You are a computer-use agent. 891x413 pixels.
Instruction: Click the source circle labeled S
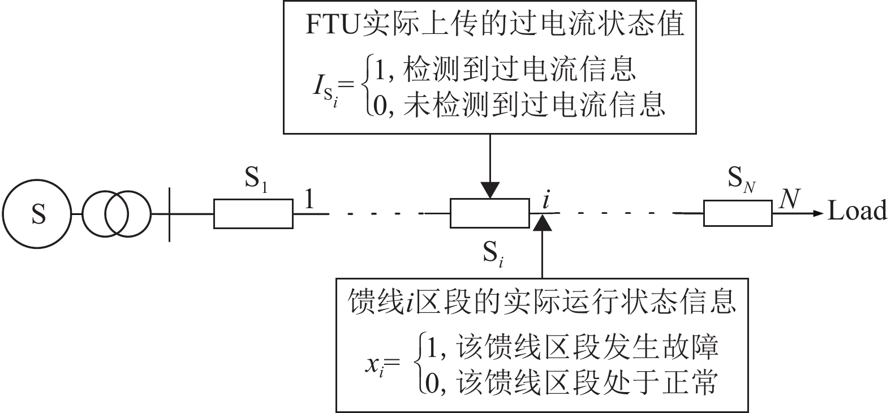(x=37, y=214)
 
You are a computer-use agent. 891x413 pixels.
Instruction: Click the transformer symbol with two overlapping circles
(x=117, y=214)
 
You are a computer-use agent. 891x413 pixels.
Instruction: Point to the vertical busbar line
(x=170, y=214)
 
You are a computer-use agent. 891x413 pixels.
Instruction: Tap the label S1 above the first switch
(x=256, y=180)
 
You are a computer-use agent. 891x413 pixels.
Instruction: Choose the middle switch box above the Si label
(x=489, y=214)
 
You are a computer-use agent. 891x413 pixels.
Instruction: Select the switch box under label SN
(x=738, y=214)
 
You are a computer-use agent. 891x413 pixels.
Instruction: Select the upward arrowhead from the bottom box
(x=543, y=223)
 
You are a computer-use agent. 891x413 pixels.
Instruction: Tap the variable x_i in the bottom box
(x=375, y=365)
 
